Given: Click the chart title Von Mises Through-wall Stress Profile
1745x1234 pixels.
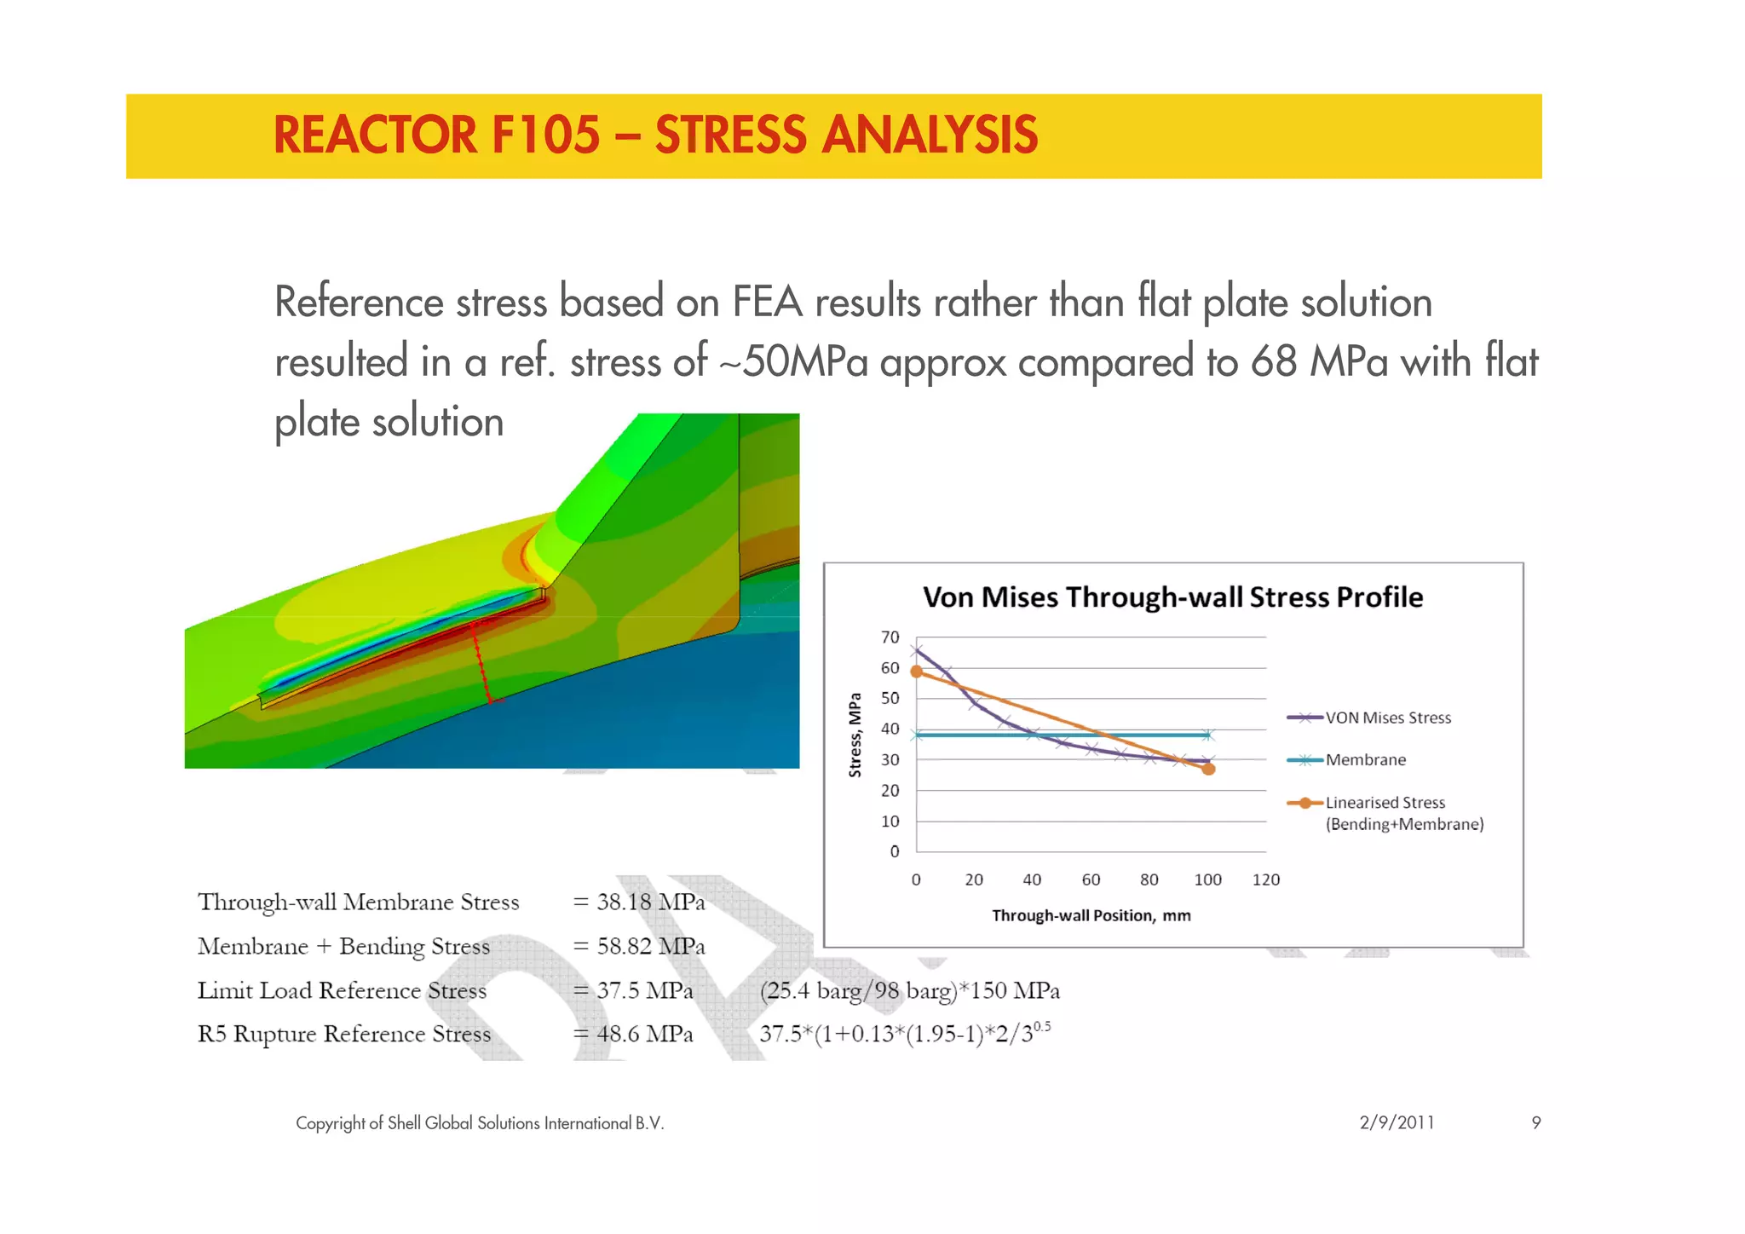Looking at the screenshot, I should click(1172, 597).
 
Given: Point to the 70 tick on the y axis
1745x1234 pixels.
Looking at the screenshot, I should click(890, 637).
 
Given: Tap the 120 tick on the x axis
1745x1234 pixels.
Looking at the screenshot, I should click(1265, 879).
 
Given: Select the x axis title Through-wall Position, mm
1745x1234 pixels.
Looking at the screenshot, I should click(1091, 915).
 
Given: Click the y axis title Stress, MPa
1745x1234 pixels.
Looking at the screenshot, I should click(855, 735).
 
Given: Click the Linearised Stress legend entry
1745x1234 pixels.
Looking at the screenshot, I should click(1385, 803).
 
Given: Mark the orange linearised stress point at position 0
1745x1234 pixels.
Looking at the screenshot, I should click(917, 672).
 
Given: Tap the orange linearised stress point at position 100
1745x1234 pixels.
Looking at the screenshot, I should click(1208, 769).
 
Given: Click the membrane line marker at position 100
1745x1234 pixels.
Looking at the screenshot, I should click(1207, 735).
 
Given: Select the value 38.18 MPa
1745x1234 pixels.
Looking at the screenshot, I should click(650, 902).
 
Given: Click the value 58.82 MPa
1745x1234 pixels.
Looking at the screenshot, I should click(650, 946).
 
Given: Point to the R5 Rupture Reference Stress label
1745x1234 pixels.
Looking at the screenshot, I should click(344, 1034).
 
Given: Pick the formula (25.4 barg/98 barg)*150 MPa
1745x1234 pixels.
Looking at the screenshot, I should click(909, 990).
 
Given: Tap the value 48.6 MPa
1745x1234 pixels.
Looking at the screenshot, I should click(644, 1034).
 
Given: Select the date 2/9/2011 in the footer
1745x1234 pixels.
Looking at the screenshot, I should click(1397, 1122).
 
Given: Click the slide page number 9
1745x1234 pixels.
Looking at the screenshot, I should click(1535, 1122).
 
